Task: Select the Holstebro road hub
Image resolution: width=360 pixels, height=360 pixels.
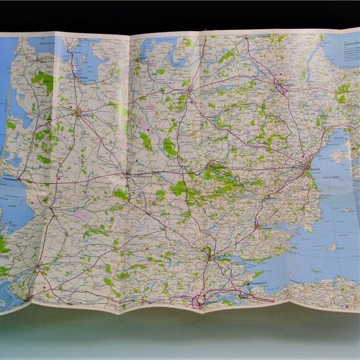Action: coord(78,112)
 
